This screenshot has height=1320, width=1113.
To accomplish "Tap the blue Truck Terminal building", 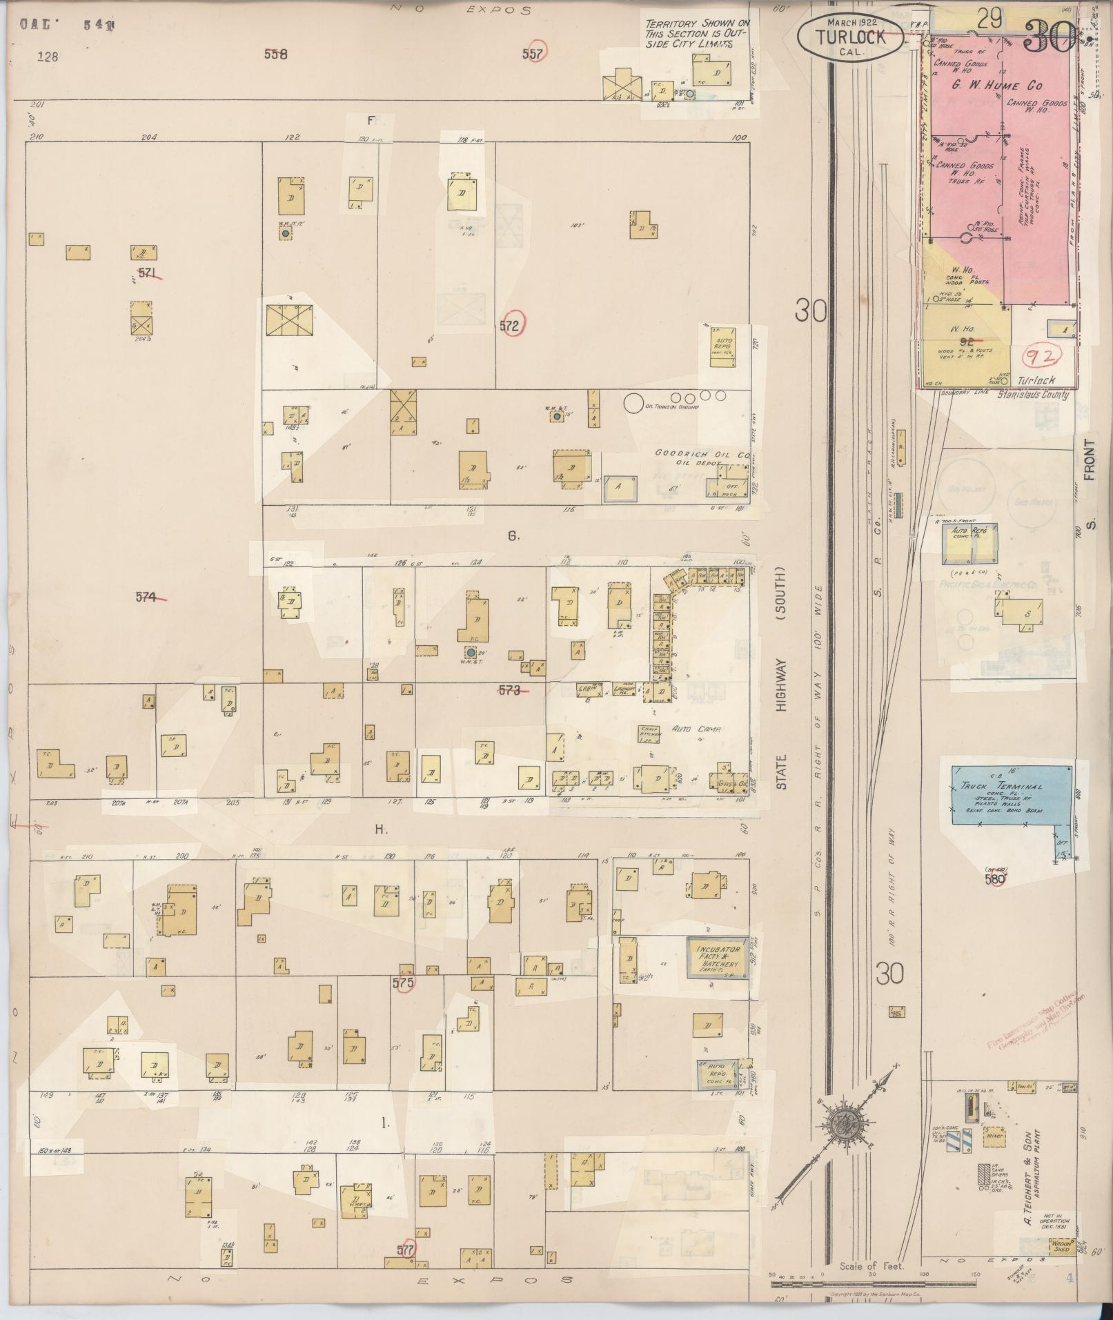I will [x=1012, y=794].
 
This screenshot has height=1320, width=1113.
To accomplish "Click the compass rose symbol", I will [x=842, y=1124].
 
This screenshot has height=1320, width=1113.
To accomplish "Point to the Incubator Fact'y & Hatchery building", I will [x=717, y=957].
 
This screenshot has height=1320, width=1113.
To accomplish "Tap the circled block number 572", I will [x=510, y=326].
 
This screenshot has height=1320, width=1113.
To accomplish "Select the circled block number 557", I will [x=533, y=53].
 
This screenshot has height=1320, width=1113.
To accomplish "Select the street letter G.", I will [x=513, y=535].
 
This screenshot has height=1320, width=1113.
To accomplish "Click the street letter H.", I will [x=381, y=830].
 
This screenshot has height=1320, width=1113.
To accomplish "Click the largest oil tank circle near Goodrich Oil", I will [x=632, y=403].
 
